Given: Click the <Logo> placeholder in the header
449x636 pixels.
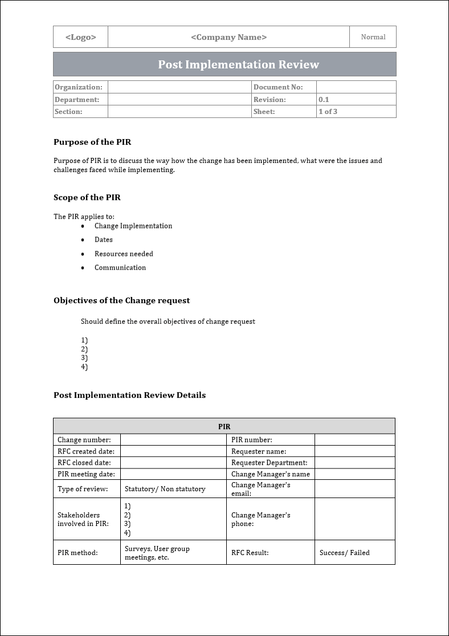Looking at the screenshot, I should pos(80,37).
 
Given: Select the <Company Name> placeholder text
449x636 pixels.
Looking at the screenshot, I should pos(228,37).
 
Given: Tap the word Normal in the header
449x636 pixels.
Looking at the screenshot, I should pos(373,37).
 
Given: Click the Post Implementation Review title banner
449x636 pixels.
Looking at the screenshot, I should pos(238,64).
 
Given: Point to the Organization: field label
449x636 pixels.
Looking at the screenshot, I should pos(79,87).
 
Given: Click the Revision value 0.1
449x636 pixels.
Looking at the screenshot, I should pos(324,100).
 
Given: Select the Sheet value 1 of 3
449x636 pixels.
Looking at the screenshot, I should pos(328,112).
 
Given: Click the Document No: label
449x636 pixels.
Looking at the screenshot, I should pos(278,87).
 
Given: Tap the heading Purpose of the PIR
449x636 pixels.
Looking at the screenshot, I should pos(92,142).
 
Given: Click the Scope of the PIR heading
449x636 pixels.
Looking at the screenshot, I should pos(87,198).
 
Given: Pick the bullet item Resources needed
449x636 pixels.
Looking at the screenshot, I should pos(124,254).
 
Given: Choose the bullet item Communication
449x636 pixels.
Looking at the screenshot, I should pos(120,267).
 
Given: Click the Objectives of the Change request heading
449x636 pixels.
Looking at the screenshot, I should pos(122,300).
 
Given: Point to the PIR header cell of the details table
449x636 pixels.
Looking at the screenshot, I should pos(224,426).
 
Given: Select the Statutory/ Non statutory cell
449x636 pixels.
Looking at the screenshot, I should pos(165,489).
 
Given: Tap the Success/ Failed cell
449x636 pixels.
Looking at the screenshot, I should pos(344,552).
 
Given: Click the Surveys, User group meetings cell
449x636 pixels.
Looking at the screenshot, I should pos(157,553).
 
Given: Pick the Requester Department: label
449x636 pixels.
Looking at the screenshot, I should pos(269,463).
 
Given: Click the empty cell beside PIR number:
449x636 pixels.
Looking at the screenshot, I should pos(354,440).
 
